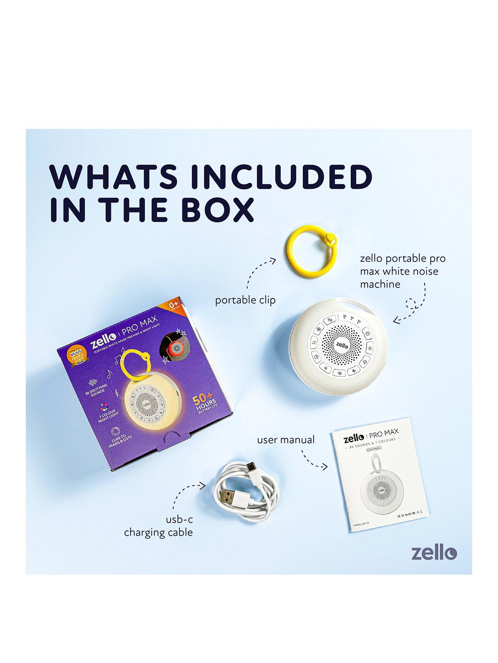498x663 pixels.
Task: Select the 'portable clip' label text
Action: click(245, 300)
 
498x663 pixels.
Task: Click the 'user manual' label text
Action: click(286, 439)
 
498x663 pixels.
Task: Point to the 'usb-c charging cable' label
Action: click(159, 526)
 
